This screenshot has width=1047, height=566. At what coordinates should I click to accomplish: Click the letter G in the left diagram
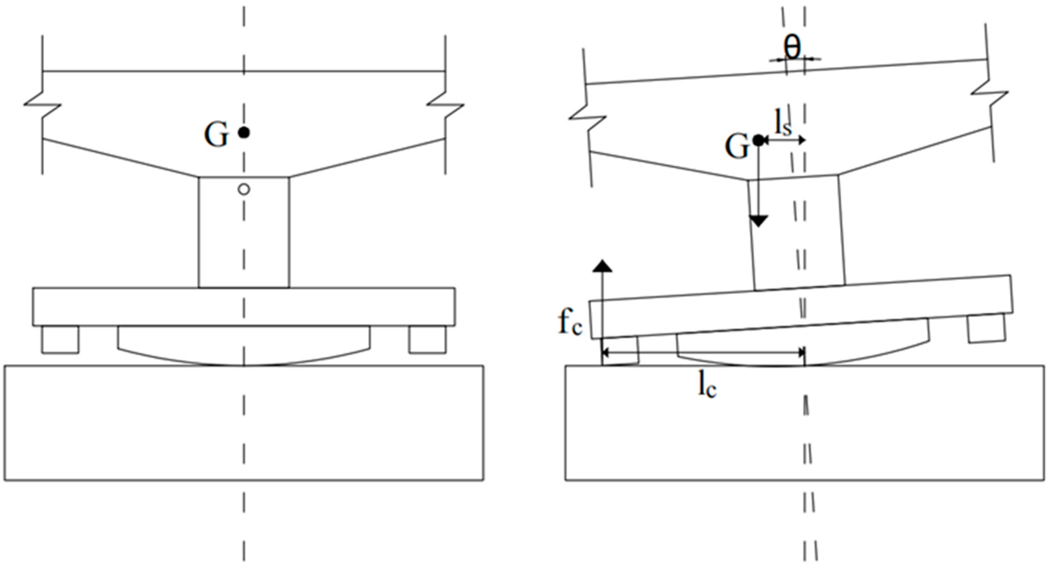click(x=216, y=135)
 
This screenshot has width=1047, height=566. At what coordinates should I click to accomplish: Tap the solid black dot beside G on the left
click(x=244, y=132)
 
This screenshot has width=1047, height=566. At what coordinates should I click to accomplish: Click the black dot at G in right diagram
click(x=758, y=140)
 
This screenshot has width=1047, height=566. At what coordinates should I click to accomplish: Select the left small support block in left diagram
click(x=60, y=339)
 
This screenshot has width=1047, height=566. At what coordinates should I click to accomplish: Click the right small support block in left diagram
click(x=427, y=339)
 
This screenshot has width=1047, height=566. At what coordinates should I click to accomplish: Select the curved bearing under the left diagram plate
click(x=244, y=345)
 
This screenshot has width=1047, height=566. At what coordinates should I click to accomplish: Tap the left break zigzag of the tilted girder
click(x=587, y=118)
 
